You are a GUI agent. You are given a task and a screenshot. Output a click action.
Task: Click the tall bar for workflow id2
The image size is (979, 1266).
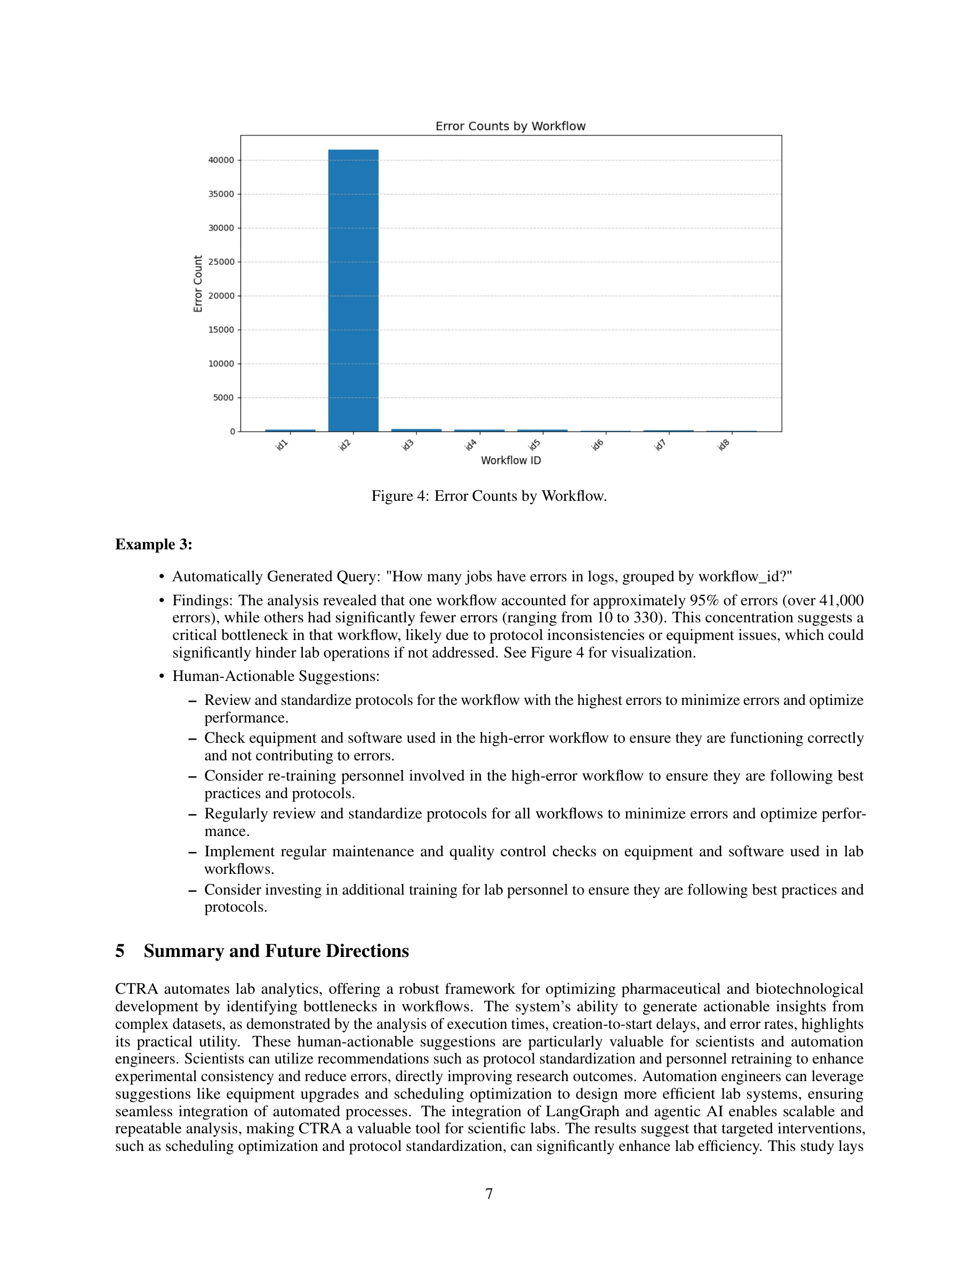point(353,290)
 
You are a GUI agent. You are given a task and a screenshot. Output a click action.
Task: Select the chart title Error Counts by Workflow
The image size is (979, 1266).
point(510,126)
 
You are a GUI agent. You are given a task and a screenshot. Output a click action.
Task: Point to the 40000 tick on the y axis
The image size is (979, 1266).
point(221,160)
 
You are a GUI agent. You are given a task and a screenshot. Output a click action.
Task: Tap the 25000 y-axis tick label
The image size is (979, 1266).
point(221,262)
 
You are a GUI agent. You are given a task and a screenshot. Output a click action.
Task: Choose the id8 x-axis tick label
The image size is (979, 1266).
point(723,445)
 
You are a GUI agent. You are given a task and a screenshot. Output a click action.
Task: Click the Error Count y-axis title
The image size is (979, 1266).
point(198,283)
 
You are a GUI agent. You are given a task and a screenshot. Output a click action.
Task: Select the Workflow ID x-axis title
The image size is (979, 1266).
point(510,460)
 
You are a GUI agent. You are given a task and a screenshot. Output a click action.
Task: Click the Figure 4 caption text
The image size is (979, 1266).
point(489,496)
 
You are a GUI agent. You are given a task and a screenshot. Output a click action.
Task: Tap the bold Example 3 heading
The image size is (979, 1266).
point(154,545)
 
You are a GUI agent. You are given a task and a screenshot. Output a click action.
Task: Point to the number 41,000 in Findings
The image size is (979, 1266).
point(841,600)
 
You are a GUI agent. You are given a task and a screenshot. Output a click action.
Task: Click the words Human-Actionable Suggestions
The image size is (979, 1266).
point(276,676)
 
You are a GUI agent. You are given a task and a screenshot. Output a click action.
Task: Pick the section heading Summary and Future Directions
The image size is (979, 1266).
point(276,951)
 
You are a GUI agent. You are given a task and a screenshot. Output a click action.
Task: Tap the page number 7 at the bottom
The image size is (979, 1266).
point(489,1194)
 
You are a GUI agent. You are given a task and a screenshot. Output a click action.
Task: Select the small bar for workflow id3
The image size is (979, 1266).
point(416,430)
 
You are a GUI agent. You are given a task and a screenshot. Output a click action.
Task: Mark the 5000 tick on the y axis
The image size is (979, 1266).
point(223,397)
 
